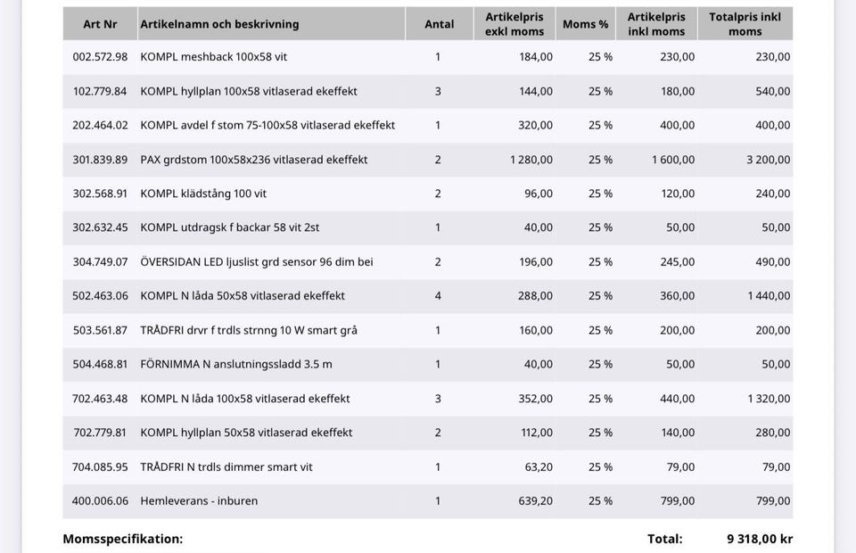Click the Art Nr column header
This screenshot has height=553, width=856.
100,24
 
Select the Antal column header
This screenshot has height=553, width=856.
439,24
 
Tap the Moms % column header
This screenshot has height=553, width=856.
585,24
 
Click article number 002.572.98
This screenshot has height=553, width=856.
100,57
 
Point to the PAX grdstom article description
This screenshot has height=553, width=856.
253,160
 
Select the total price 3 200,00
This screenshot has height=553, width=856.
768,160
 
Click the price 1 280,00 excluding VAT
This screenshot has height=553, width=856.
531,160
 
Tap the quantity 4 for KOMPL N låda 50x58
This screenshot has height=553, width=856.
438,296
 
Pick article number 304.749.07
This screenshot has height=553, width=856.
100,262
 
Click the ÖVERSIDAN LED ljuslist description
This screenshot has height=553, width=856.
257,262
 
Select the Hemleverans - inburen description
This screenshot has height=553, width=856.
199,501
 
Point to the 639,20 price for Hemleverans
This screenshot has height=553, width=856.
536,501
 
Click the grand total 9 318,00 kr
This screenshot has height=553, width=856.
760,539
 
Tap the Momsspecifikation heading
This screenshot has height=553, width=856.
122,539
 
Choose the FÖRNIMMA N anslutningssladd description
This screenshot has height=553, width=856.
236,364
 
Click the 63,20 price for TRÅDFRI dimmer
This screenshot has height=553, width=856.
539,466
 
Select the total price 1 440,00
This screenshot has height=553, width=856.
769,296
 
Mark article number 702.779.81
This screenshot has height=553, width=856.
100,433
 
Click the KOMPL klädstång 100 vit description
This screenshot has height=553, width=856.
203,194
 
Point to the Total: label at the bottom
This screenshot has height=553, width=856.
665,539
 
